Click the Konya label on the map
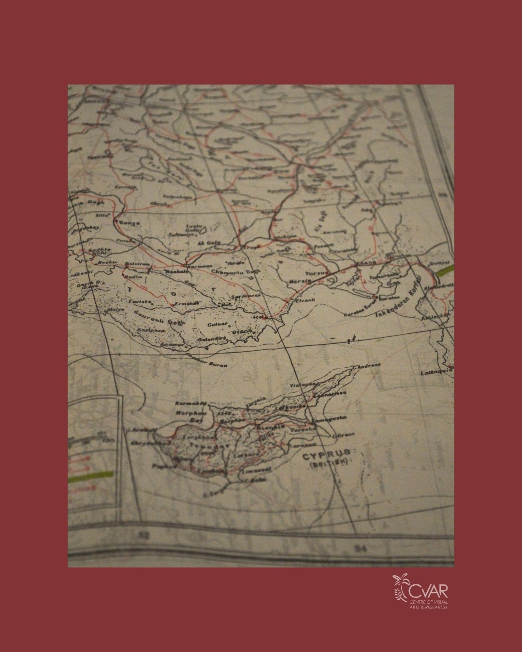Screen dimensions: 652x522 tap(130, 223)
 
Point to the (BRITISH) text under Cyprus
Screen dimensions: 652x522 tap(329, 464)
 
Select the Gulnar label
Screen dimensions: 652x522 tap(217, 326)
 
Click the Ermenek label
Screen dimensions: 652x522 tap(187, 303)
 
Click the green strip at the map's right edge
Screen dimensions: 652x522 tap(444, 270)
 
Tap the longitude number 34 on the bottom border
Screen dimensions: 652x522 tap(359, 548)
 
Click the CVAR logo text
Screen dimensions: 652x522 tap(428, 591)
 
